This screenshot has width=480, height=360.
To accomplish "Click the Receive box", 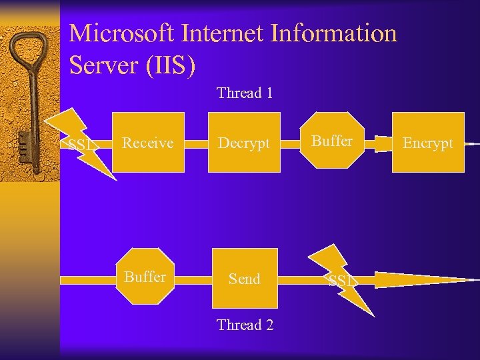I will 148,143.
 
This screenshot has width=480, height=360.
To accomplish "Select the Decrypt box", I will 244,143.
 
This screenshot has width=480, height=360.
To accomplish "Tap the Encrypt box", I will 428,143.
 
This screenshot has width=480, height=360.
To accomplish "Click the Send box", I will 244,279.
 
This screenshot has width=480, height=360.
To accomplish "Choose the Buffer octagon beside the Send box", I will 145,277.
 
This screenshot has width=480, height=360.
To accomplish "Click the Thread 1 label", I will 245,93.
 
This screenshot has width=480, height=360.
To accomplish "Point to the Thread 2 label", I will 245,325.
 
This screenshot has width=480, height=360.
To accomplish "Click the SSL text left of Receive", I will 81,145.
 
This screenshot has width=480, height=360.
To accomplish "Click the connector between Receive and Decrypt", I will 198,143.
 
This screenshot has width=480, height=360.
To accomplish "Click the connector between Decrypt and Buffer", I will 289,143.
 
